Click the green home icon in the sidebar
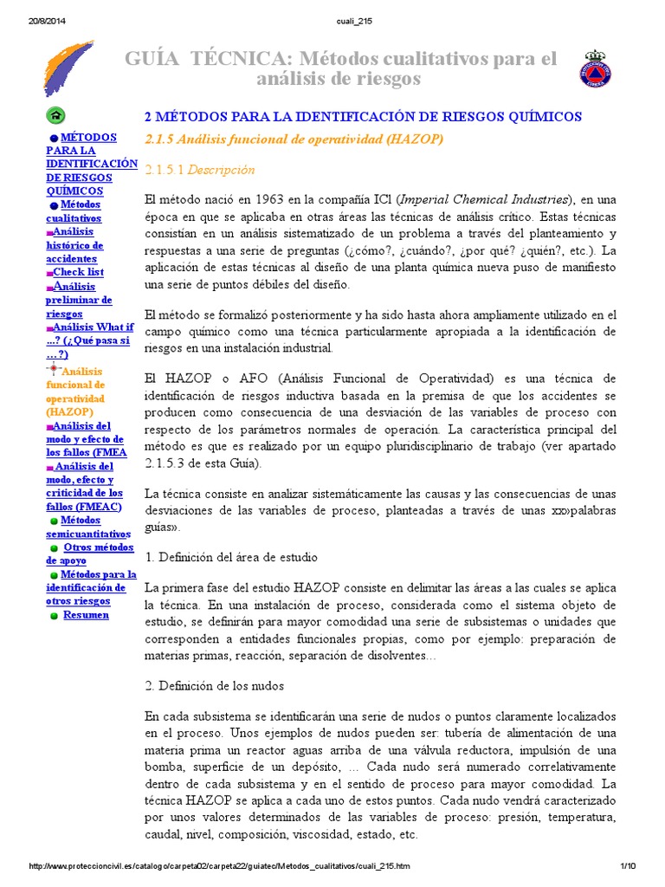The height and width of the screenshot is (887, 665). tap(56, 115)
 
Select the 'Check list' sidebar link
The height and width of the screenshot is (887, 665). tap(78, 272)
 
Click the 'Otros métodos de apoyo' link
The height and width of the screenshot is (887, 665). tap(90, 554)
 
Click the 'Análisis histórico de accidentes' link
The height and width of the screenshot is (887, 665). tap(75, 245)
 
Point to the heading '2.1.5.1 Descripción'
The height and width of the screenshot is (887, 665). tap(200, 170)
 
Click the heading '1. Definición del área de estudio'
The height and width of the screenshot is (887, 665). tap(231, 556)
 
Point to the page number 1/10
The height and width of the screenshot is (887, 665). tap(628, 867)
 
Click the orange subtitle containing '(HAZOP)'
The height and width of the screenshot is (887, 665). tap(294, 139)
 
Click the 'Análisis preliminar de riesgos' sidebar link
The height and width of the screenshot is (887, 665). tap(79, 300)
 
